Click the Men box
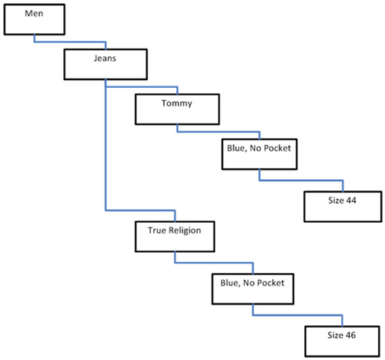tap(35, 19)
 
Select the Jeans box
tap(105, 64)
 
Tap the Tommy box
tap(177, 109)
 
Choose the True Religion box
tap(175, 237)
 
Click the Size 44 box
tap(343, 207)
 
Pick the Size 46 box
tap(342, 341)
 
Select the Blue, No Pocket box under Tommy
tap(259, 154)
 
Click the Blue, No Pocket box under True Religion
tap(253, 289)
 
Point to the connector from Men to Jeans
tap(70, 42)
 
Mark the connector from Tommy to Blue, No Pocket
tap(218, 132)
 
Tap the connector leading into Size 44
tap(301, 180)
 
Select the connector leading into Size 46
tap(298, 315)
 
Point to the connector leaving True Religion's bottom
tap(214, 263)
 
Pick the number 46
tap(350, 335)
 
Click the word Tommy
tap(177, 103)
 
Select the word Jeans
tap(105, 59)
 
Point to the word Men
tap(34, 13)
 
